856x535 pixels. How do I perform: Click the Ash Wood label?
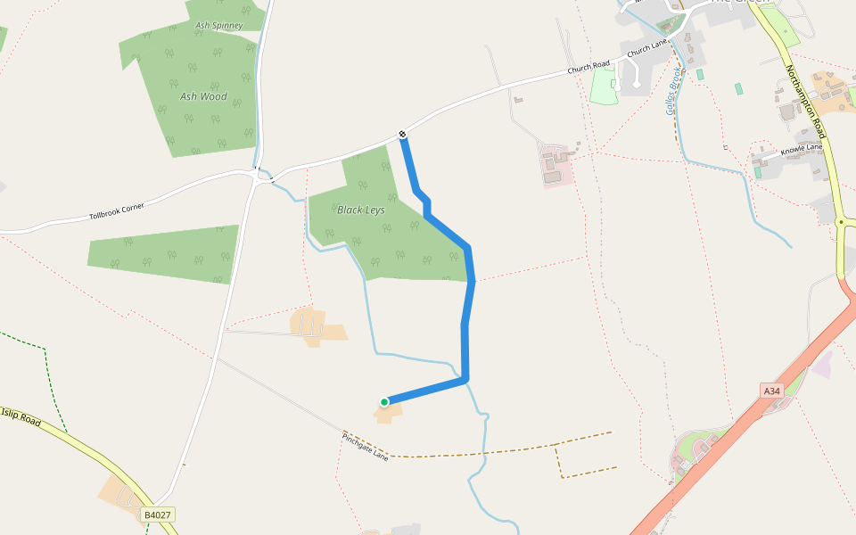point(203,96)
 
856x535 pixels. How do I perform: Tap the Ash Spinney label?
point(218,26)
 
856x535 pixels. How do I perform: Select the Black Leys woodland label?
point(361,210)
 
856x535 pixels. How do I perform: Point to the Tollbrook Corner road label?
point(117,211)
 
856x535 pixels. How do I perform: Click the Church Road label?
point(588,67)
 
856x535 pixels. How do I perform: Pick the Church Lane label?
point(647,48)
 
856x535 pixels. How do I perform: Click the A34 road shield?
point(772,391)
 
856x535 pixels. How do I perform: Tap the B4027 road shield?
point(157,514)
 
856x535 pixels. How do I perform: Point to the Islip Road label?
point(20,416)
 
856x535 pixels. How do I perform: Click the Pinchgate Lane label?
point(366,446)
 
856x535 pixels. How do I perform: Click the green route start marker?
point(384,402)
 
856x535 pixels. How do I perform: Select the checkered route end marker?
point(403,135)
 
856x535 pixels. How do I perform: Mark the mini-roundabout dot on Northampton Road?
point(841,221)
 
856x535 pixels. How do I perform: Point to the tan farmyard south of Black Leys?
point(317,325)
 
